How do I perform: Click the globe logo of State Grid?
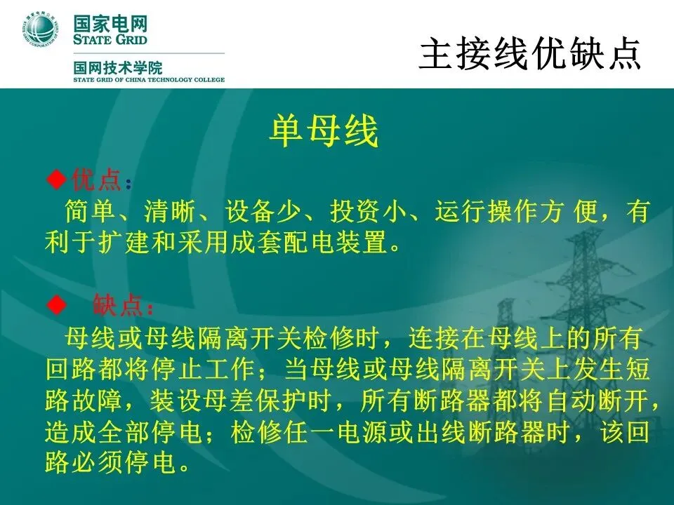coord(39,29)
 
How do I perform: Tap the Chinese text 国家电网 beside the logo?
coord(110,24)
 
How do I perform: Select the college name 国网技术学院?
coord(118,68)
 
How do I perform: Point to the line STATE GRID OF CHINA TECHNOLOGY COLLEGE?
coord(149,80)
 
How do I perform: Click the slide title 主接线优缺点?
coord(530,53)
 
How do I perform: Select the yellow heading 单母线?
coord(324,131)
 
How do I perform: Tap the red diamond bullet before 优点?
coord(56,179)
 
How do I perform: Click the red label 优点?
coord(96,179)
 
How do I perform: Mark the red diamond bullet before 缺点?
coord(56,305)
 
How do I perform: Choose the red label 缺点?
coord(117,305)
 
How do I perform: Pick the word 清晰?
coord(169,211)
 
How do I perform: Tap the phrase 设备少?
coord(263,211)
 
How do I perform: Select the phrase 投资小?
coord(367,211)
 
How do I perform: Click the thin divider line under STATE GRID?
coord(149,53)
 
